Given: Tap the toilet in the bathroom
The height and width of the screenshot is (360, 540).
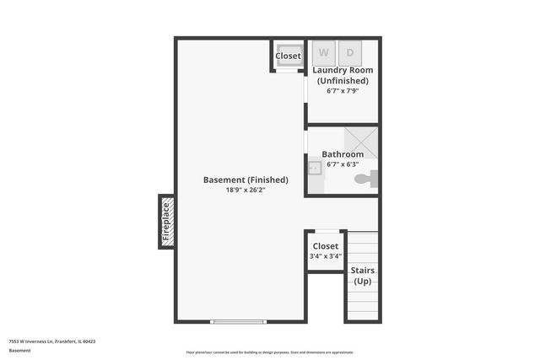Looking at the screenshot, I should pyautogui.click(x=365, y=180).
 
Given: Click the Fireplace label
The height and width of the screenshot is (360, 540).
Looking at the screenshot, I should pyautogui.click(x=166, y=222).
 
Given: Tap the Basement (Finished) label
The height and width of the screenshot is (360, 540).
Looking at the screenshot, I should pyautogui.click(x=246, y=180).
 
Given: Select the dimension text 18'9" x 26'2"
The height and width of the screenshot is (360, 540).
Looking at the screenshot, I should pyautogui.click(x=246, y=191).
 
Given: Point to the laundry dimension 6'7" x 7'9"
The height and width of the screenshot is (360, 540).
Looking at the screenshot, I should pyautogui.click(x=343, y=90).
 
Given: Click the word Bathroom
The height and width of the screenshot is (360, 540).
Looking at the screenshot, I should pyautogui.click(x=343, y=154).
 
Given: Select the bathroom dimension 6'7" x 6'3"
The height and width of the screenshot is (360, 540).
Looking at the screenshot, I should pyautogui.click(x=343, y=164).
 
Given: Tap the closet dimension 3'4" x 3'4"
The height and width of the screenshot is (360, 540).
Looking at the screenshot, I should pyautogui.click(x=325, y=256).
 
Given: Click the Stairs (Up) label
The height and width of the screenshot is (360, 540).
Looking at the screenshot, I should pyautogui.click(x=363, y=276).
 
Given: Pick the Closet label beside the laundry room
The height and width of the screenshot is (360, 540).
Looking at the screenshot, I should pyautogui.click(x=288, y=56).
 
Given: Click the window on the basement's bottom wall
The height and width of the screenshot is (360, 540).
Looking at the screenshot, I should pyautogui.click(x=239, y=321).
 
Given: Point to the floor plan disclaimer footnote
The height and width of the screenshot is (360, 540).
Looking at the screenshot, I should pyautogui.click(x=270, y=352).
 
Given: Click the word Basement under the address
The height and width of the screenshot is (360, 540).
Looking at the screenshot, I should pyautogui.click(x=19, y=350).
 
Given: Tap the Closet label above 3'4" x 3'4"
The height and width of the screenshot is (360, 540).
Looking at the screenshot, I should pyautogui.click(x=325, y=246).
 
